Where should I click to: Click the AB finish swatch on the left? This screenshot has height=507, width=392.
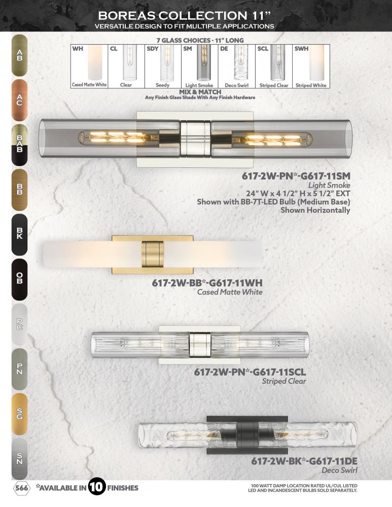(x=19, y=55)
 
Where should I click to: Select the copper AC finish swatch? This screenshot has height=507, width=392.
(x=19, y=100)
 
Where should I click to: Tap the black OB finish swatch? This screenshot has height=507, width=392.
(x=19, y=279)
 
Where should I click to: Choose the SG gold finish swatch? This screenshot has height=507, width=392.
(x=19, y=414)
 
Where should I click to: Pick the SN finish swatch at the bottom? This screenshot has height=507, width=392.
(x=19, y=458)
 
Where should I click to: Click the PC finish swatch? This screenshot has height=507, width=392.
(x=19, y=324)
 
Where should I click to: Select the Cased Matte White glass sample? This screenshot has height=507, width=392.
(x=95, y=63)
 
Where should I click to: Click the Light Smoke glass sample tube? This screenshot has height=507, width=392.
(x=204, y=63)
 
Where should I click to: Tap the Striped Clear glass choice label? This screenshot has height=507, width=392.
(x=274, y=85)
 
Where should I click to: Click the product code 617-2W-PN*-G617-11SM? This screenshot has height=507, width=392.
(x=296, y=176)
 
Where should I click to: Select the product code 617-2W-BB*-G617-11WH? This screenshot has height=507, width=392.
(x=207, y=283)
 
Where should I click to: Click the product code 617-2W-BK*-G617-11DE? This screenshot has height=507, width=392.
(x=304, y=461)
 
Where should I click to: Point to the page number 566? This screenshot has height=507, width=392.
(x=22, y=488)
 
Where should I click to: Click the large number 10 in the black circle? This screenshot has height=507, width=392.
(x=97, y=487)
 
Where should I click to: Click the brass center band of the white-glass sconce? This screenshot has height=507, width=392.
(x=153, y=254)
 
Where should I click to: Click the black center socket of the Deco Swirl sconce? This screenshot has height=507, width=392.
(x=247, y=435)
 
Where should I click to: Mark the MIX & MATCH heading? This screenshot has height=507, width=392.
(x=200, y=92)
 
